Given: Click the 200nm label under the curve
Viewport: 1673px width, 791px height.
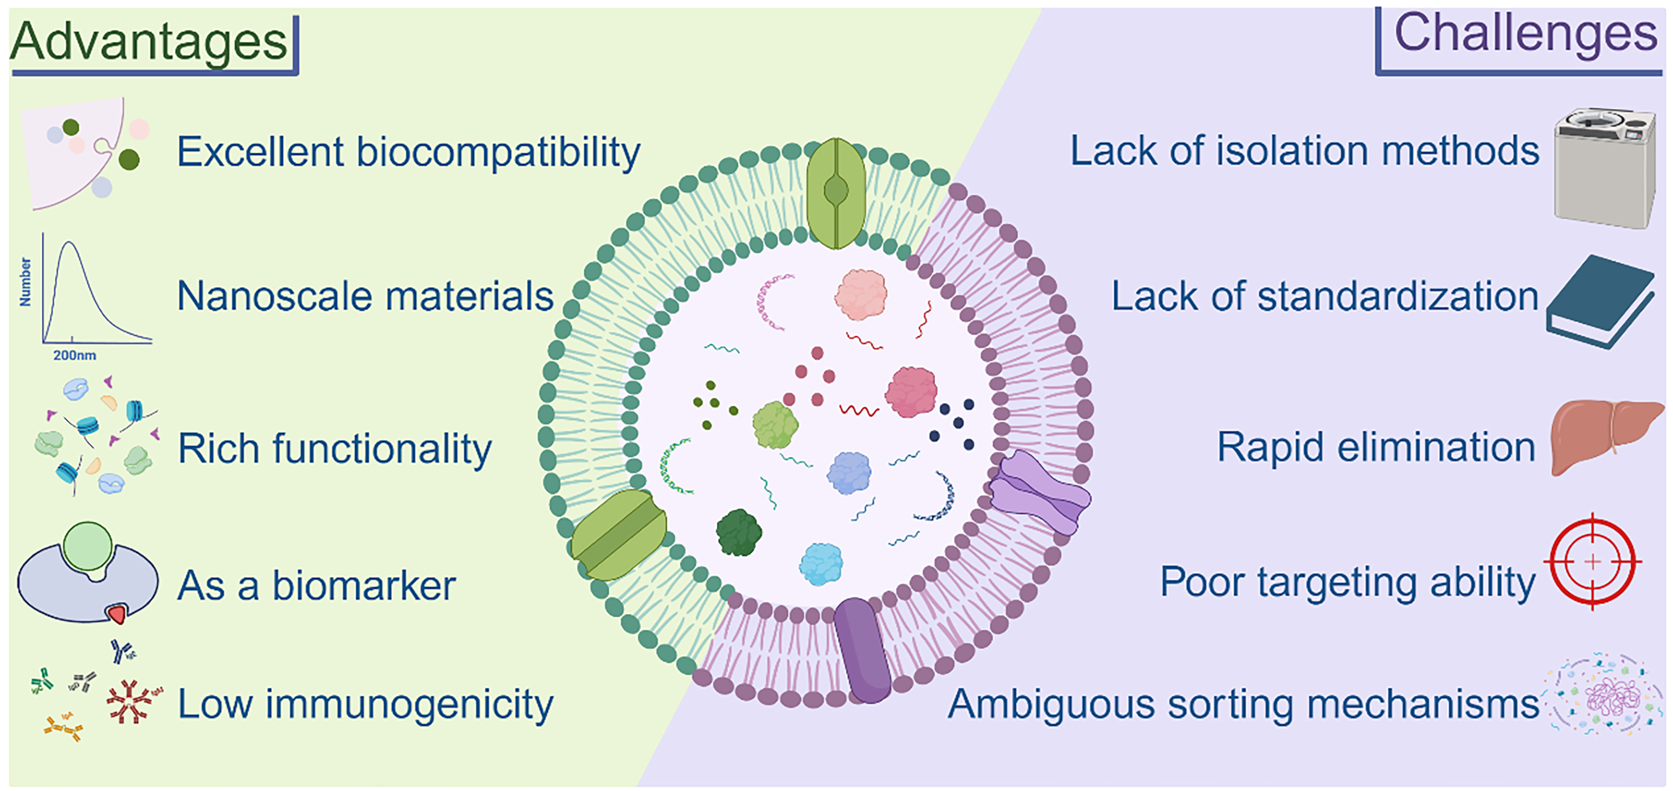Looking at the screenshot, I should pyautogui.click(x=75, y=355).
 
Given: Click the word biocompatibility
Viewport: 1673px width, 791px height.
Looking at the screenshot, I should pyautogui.click(x=498, y=153).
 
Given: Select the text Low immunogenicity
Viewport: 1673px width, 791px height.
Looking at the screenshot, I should pyautogui.click(x=365, y=704).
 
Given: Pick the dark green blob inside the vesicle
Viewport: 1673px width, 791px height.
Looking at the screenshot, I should pyautogui.click(x=739, y=533).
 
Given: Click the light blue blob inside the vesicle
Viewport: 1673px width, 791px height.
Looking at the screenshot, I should pyautogui.click(x=821, y=564).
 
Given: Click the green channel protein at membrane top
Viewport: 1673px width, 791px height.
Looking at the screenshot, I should pyautogui.click(x=836, y=193).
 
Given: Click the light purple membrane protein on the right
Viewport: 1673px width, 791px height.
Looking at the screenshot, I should pyautogui.click(x=1040, y=492).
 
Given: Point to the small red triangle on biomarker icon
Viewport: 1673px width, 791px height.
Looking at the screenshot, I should pyautogui.click(x=118, y=613).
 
